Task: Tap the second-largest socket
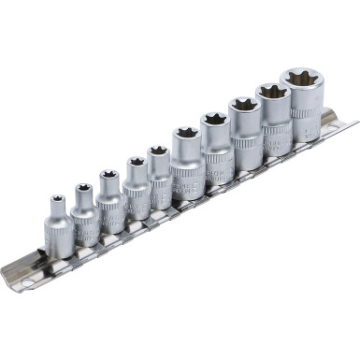coord(276,120)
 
